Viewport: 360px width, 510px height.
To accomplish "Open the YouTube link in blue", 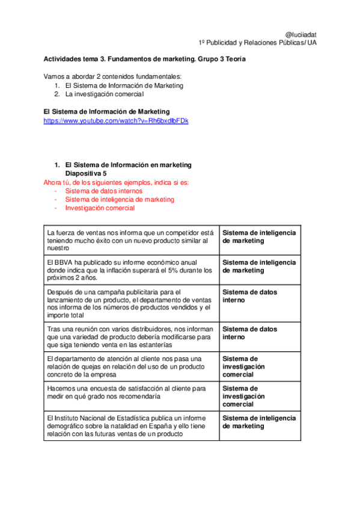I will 116,121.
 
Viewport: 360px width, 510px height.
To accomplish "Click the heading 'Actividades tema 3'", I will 144,60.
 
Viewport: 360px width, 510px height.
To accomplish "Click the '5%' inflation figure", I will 180,270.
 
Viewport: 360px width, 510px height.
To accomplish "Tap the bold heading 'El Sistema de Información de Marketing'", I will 106,112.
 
